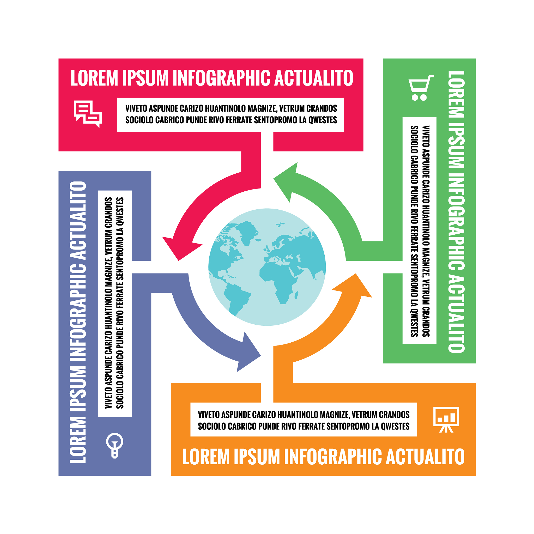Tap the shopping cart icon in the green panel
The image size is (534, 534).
(421, 88)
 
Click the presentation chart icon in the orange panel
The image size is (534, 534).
(446, 419)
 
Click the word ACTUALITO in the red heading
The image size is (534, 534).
(313, 78)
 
